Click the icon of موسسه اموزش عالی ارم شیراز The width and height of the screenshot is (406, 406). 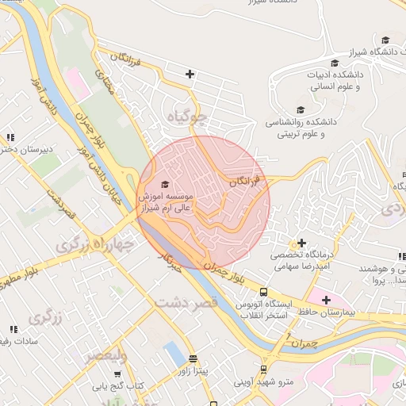click(165, 184)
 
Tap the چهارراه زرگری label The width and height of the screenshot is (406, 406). click(96, 245)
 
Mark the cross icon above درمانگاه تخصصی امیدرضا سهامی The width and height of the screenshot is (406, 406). click(301, 243)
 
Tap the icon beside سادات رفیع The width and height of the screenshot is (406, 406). click(13, 328)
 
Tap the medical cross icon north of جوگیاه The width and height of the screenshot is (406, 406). click(190, 75)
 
